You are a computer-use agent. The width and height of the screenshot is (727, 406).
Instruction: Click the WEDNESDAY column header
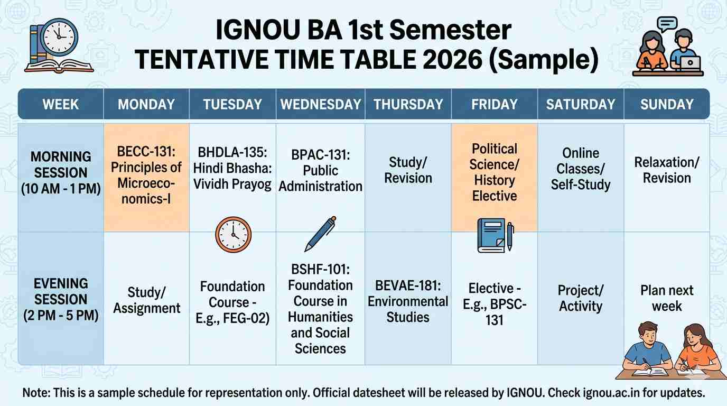click(x=320, y=104)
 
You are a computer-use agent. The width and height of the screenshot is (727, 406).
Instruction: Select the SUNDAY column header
click(x=667, y=104)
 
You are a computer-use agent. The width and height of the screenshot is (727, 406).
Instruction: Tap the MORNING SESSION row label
click(x=61, y=173)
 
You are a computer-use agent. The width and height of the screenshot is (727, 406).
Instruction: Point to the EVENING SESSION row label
click(x=61, y=300)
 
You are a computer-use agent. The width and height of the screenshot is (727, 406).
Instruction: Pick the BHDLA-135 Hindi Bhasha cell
click(x=232, y=169)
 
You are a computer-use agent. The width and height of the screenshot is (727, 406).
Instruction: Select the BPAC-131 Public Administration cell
click(x=320, y=171)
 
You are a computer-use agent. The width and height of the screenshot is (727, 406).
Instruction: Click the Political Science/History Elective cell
click(x=494, y=172)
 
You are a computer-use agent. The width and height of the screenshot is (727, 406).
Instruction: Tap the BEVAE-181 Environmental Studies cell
click(x=408, y=301)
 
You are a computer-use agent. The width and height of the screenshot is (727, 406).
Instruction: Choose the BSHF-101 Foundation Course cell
click(x=320, y=309)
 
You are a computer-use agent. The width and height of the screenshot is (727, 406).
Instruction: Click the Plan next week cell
click(x=667, y=298)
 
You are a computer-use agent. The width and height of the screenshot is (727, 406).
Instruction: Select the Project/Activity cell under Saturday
click(x=580, y=298)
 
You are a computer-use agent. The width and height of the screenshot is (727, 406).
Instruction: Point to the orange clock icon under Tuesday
click(x=233, y=234)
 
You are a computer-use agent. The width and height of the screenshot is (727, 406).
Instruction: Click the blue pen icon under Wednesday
click(x=320, y=234)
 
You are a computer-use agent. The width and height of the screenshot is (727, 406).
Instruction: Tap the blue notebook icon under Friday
click(x=492, y=235)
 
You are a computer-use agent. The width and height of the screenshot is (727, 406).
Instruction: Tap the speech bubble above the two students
click(x=667, y=23)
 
